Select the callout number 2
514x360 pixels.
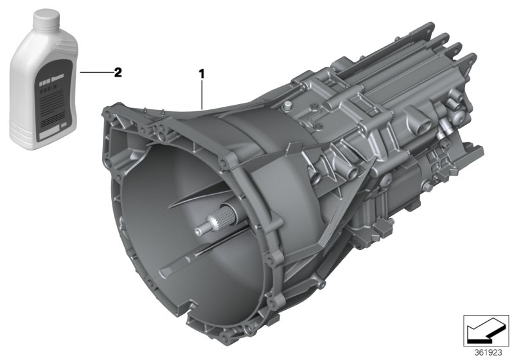117,73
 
